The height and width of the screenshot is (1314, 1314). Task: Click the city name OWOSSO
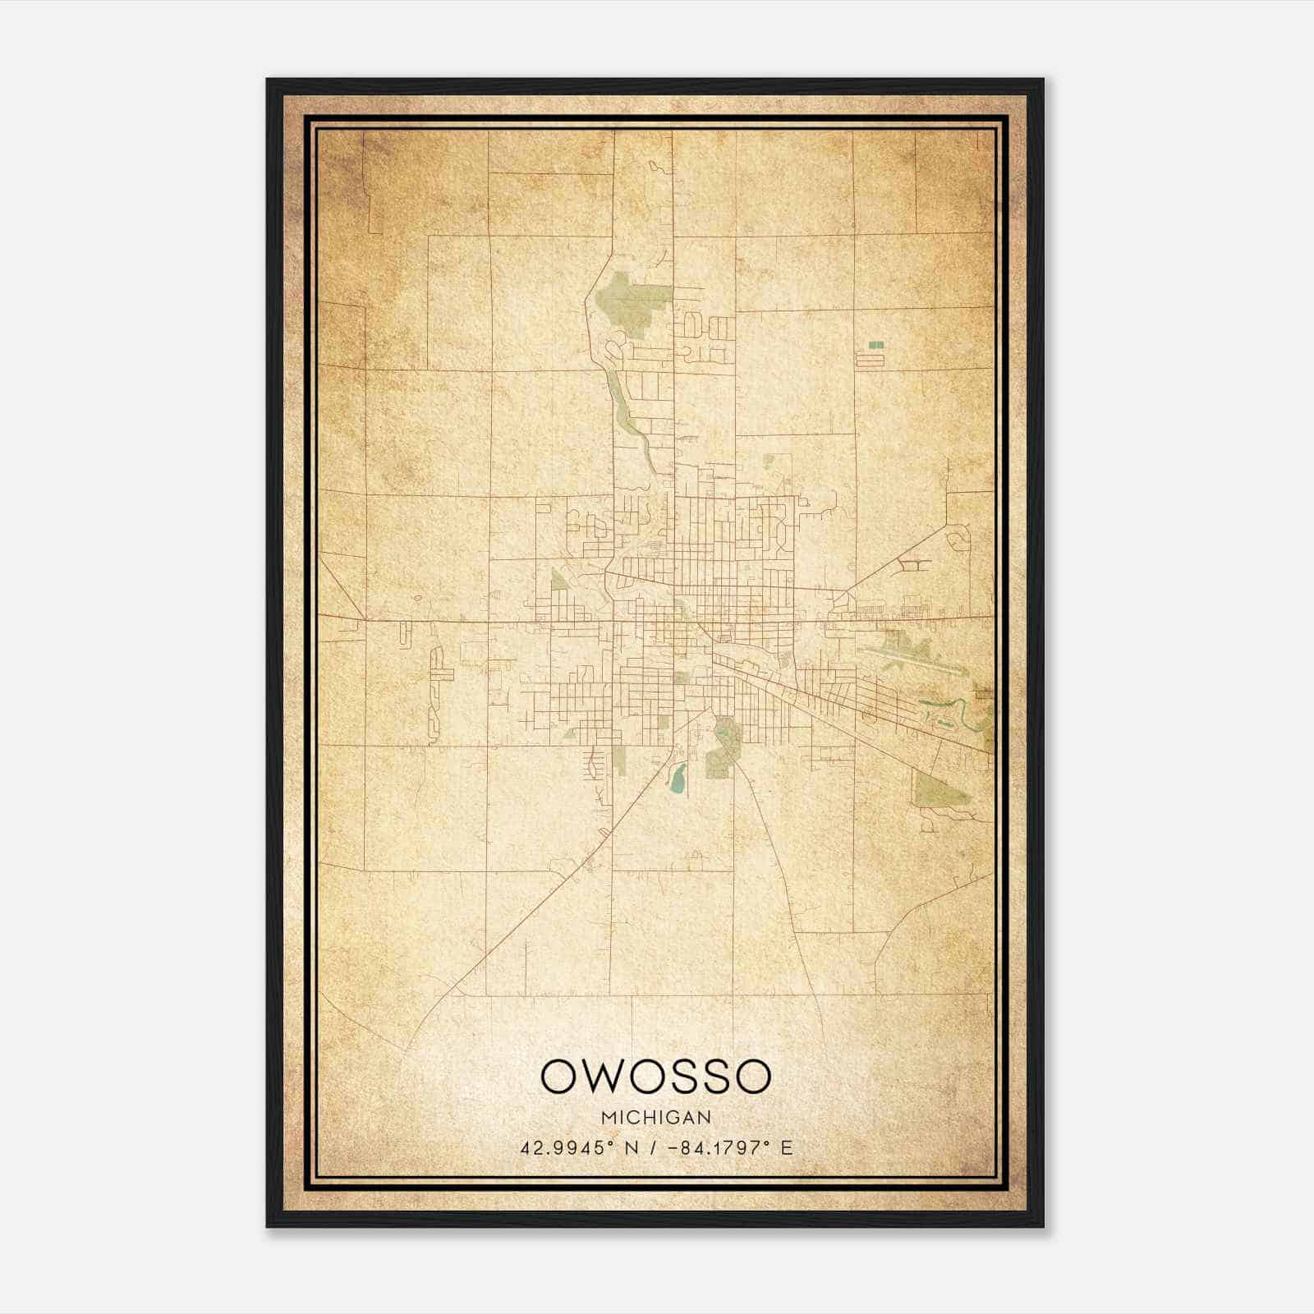point(656,1077)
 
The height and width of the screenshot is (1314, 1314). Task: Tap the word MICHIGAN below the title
point(656,1118)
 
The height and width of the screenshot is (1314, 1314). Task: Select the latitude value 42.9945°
point(567,1148)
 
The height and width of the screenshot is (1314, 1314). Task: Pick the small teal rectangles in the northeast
point(876,345)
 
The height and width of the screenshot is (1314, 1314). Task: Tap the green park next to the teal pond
point(723,743)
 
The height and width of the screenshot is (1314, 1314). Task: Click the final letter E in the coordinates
point(787,1148)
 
